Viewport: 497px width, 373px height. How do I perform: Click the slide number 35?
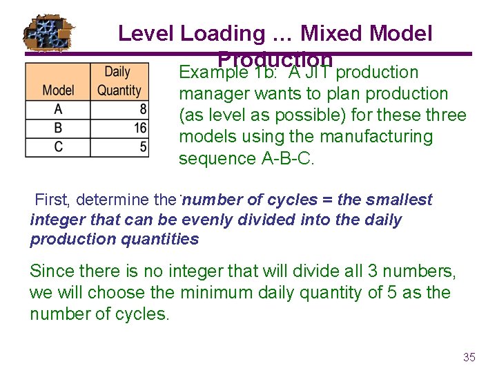click(x=469, y=357)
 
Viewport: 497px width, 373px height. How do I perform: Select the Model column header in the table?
click(x=58, y=90)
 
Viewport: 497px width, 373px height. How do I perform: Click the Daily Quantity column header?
click(x=119, y=81)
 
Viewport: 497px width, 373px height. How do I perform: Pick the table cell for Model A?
click(x=58, y=109)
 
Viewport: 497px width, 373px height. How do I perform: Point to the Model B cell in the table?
click(x=58, y=128)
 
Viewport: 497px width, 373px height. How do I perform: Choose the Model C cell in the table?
click(x=58, y=146)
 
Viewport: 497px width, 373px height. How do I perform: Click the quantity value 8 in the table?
click(x=142, y=109)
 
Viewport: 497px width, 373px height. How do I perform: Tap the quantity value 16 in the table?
click(x=140, y=128)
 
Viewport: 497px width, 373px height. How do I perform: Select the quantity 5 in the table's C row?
click(x=142, y=146)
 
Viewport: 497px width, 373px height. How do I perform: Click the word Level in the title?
click(x=146, y=33)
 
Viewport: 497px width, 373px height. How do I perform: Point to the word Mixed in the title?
click(x=333, y=33)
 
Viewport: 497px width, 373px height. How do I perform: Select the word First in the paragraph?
click(x=52, y=200)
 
